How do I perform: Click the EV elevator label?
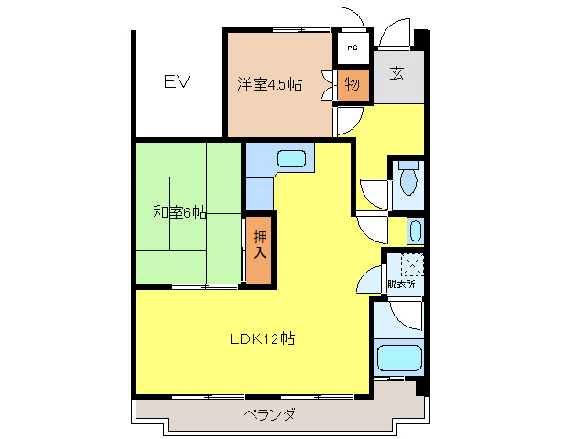pos(177,83)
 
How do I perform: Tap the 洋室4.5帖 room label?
pos(269,85)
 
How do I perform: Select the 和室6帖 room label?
pos(179,212)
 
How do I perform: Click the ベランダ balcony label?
pos(270,414)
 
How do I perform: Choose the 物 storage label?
pos(353,85)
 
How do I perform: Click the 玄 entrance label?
pos(399,74)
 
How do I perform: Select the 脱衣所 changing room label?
pos(401,284)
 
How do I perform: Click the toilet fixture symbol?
pos(408,179)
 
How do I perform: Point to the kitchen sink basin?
pos(290,158)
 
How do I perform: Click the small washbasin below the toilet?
pos(414,230)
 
